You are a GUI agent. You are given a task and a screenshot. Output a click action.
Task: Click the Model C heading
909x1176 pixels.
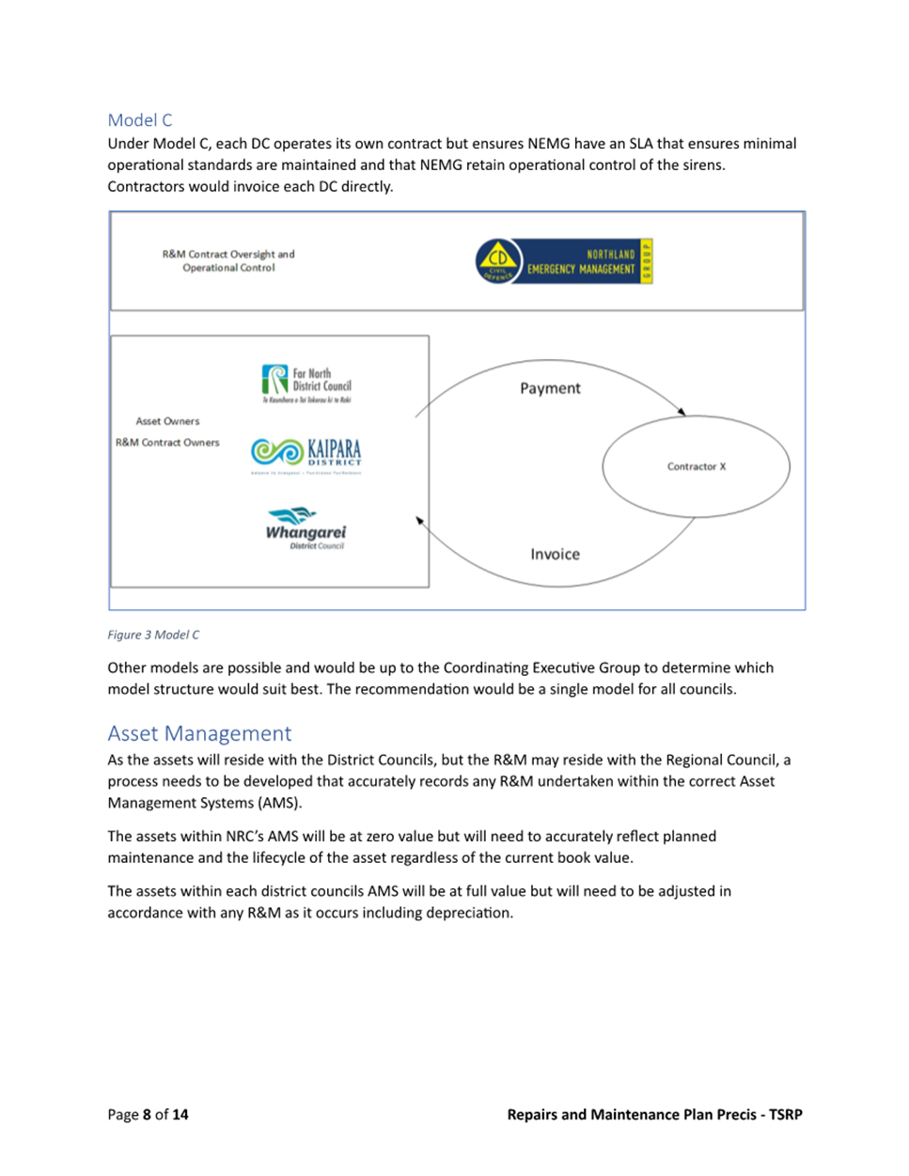pos(140,120)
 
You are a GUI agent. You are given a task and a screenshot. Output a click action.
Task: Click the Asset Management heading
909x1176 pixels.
pos(199,733)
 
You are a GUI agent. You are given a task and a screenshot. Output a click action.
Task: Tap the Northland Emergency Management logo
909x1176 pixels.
pos(564,261)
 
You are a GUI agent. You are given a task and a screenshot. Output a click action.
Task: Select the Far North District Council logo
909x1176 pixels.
pos(306,384)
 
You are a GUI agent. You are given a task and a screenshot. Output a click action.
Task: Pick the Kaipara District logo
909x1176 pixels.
pos(306,453)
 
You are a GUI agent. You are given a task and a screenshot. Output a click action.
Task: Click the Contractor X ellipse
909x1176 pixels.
pos(696,466)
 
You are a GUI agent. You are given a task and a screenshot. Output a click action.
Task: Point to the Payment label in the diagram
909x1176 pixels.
pos(550,388)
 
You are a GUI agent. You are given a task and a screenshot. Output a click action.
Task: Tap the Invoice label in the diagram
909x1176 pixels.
pos(555,555)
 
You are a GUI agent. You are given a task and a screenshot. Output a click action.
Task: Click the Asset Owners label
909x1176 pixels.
pos(167,421)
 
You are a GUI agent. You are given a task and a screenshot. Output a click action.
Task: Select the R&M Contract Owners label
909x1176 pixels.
pos(167,443)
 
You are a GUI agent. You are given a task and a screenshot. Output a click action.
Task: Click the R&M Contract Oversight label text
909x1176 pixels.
pos(228,260)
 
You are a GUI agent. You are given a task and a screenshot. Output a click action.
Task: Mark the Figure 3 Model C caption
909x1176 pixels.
pos(153,635)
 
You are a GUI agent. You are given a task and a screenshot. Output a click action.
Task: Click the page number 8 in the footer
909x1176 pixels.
pos(147,1115)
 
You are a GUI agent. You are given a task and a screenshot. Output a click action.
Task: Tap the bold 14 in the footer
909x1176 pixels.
pos(180,1115)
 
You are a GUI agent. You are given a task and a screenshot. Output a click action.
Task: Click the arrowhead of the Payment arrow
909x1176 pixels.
pos(682,412)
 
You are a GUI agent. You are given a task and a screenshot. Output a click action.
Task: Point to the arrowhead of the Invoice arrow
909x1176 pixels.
pos(420,520)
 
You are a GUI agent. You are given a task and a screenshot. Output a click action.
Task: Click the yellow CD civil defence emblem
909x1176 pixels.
pos(498,261)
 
